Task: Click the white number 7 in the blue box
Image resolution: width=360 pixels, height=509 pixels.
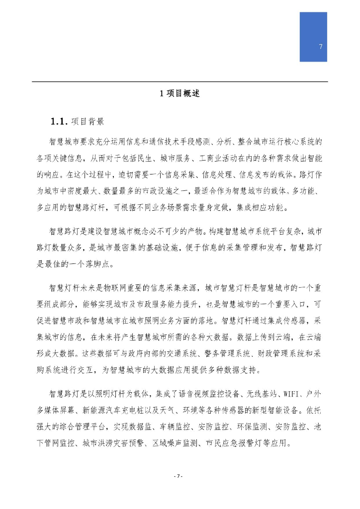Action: coord(320,47)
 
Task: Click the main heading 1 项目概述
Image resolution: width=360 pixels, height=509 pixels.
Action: coord(180,93)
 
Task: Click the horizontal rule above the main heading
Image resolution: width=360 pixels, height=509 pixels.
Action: coord(180,82)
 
